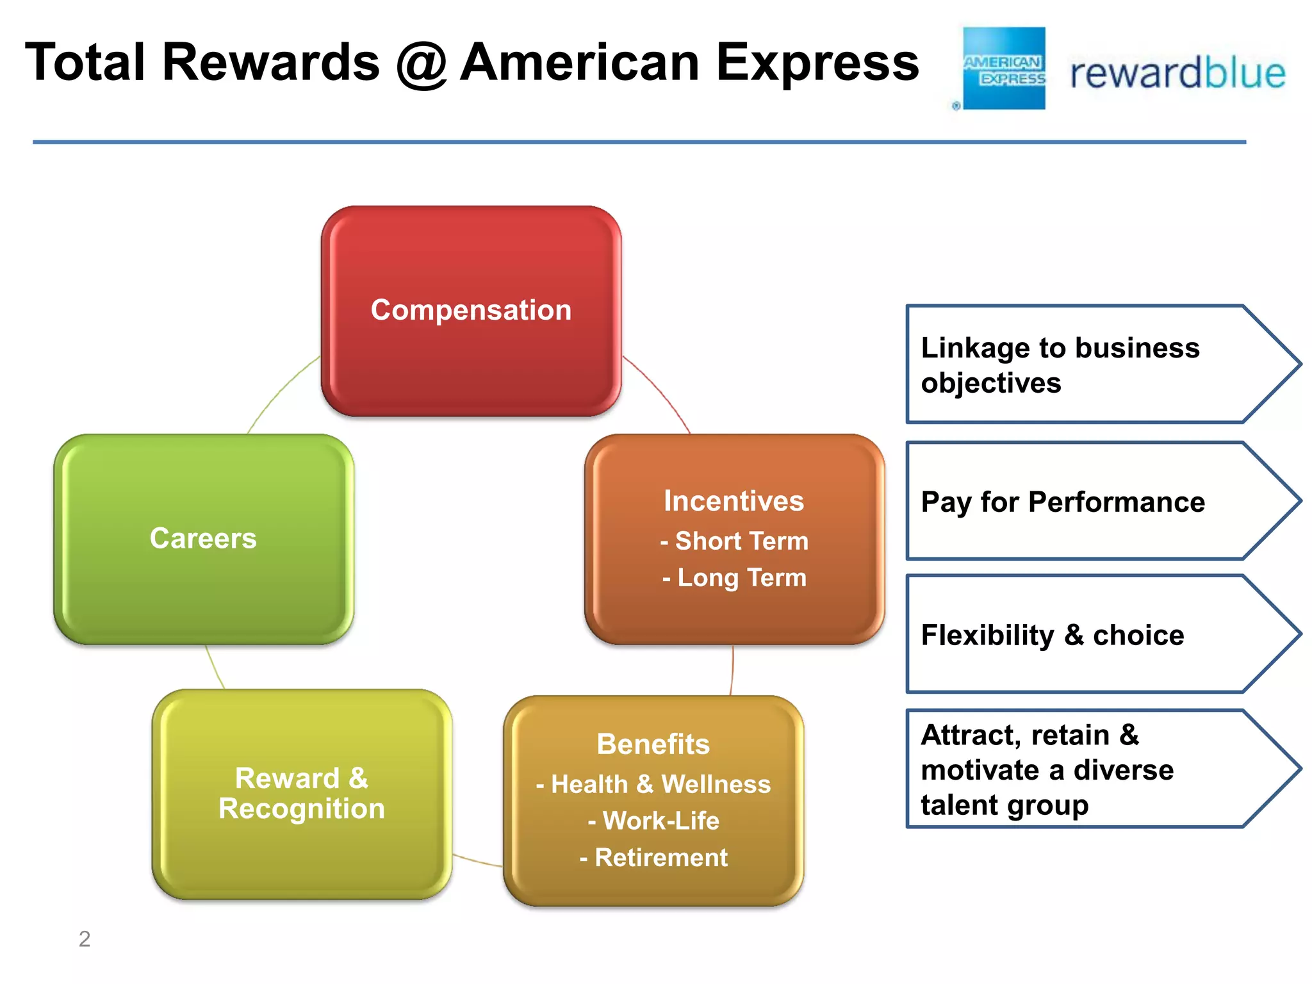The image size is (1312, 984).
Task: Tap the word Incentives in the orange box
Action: [x=734, y=501]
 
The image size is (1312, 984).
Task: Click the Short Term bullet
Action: [x=735, y=541]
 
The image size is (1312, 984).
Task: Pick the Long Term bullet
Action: [x=735, y=578]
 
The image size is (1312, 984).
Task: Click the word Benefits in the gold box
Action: [x=653, y=744]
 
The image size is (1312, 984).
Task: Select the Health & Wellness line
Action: [x=653, y=784]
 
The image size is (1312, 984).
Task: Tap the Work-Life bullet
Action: [x=653, y=821]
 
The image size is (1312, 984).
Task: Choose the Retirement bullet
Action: [x=653, y=857]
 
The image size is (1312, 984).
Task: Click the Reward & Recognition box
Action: [x=302, y=794]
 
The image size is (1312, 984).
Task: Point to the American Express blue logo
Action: [x=1004, y=69]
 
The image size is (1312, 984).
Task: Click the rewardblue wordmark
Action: [x=1177, y=74]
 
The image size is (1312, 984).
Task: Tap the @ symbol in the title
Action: [x=420, y=64]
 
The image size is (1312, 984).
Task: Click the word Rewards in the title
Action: [x=271, y=63]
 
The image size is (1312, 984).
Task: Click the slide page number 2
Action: [x=85, y=939]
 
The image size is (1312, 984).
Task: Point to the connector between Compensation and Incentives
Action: [x=660, y=391]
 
